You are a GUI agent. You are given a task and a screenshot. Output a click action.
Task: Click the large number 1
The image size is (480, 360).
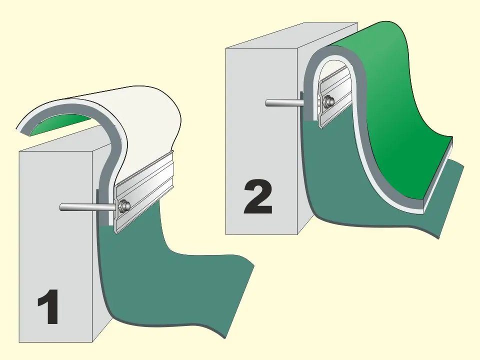[x=49, y=306]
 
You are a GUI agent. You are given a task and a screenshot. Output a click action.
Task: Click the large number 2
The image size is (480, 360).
[x=258, y=198]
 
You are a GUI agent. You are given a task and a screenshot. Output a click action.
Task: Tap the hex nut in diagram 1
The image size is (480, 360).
[x=124, y=205]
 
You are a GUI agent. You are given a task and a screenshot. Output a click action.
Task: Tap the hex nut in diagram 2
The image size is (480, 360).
[x=328, y=101]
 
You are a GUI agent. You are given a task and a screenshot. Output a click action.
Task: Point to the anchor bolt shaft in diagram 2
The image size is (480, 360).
[x=284, y=103]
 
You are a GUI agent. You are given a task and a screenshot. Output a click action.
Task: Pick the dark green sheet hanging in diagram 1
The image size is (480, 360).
[x=171, y=275]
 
